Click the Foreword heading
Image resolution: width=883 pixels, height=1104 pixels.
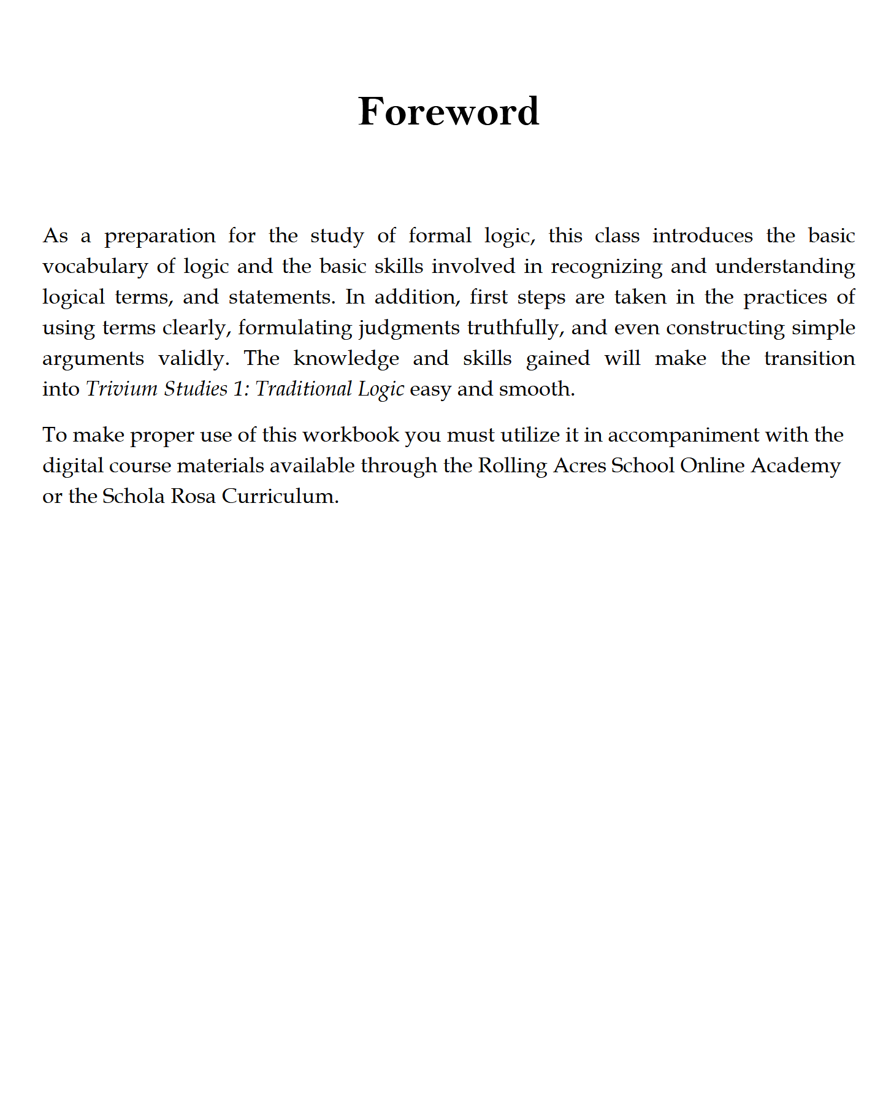coord(448,112)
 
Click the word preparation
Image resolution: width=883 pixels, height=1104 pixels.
coord(159,236)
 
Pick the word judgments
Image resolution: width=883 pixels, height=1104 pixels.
coord(409,328)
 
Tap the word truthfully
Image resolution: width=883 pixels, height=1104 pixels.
coord(514,328)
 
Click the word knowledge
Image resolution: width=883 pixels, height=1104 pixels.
coord(346,358)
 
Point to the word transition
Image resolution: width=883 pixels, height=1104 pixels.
coord(809,358)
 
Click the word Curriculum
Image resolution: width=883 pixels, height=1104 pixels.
coord(280,496)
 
